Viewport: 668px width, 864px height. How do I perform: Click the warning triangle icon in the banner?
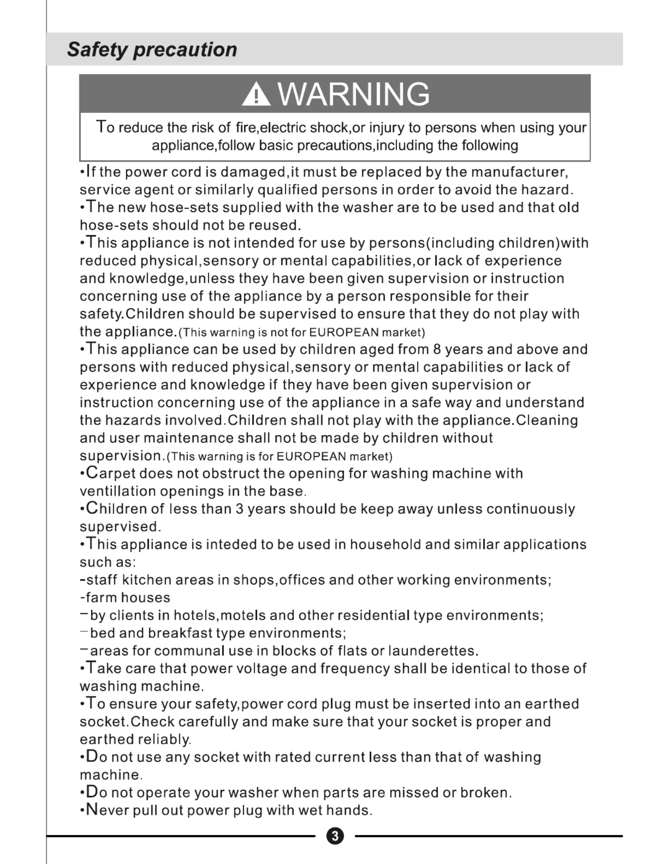(x=256, y=94)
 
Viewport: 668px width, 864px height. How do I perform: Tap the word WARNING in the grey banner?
(x=354, y=94)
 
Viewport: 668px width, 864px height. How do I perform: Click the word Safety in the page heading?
(x=97, y=49)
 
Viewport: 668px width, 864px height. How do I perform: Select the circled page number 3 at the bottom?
(x=335, y=836)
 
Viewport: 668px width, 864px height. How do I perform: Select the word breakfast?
(x=181, y=633)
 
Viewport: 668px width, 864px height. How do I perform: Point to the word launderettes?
(x=432, y=651)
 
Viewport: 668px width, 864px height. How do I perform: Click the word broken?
(x=485, y=793)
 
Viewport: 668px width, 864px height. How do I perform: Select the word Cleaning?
(x=547, y=420)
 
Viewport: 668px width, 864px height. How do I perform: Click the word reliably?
(x=164, y=740)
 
